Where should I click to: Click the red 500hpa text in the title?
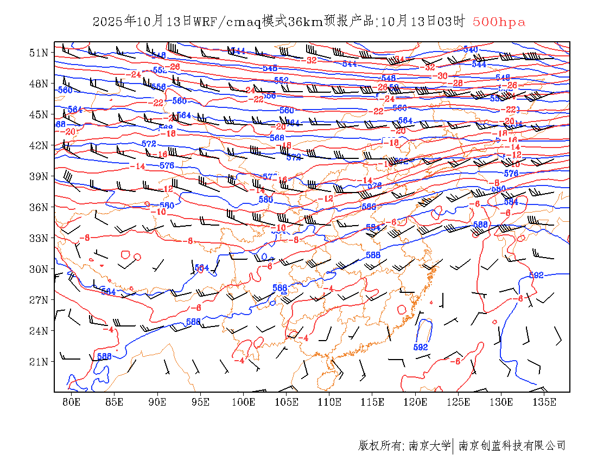pos(499,22)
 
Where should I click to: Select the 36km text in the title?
pos(304,22)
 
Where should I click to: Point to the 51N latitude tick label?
pos(39,53)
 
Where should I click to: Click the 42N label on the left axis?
pos(39,145)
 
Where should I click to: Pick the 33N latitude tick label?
pos(39,238)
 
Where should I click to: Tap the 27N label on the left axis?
pos(39,300)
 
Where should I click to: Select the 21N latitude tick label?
pos(39,362)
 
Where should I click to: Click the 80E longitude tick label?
pos(71,402)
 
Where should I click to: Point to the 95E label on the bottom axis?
pos(200,402)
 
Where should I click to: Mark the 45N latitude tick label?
pos(39,114)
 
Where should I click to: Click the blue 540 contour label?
pos(470,49)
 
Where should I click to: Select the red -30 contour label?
pos(442,76)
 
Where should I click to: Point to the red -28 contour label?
pos(457,84)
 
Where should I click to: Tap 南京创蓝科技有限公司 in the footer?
pos(512,446)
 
